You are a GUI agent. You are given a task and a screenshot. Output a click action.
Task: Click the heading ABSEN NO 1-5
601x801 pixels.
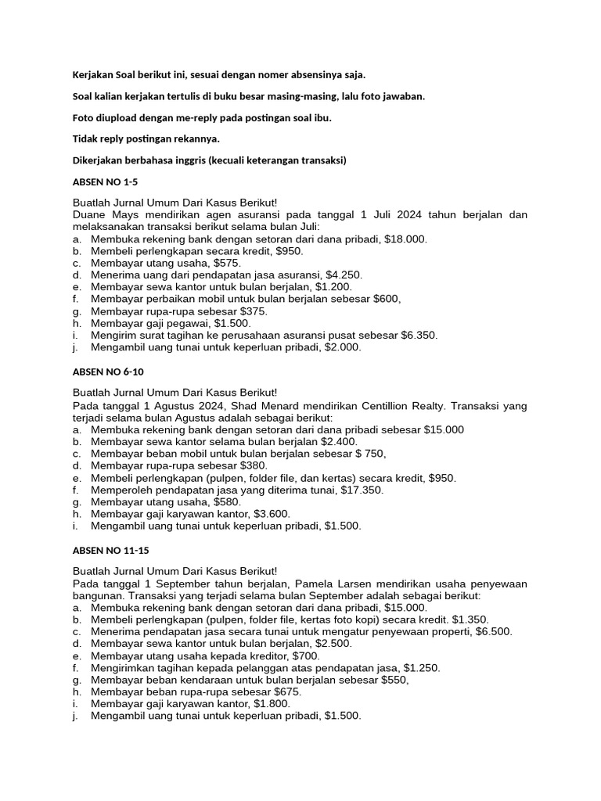pyautogui.click(x=104, y=181)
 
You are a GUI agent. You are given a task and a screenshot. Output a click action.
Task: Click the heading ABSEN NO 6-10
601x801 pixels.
pyautogui.click(x=107, y=372)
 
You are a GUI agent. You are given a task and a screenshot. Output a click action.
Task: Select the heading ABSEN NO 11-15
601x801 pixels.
pyautogui.click(x=110, y=550)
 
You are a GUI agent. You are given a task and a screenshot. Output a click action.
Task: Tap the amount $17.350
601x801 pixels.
pyautogui.click(x=362, y=490)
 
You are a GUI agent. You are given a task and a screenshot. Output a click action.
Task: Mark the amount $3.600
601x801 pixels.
pyautogui.click(x=268, y=514)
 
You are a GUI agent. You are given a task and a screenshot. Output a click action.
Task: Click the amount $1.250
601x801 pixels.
pyautogui.click(x=421, y=668)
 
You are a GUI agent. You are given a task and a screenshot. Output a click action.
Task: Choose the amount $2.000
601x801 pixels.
pyautogui.click(x=340, y=347)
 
